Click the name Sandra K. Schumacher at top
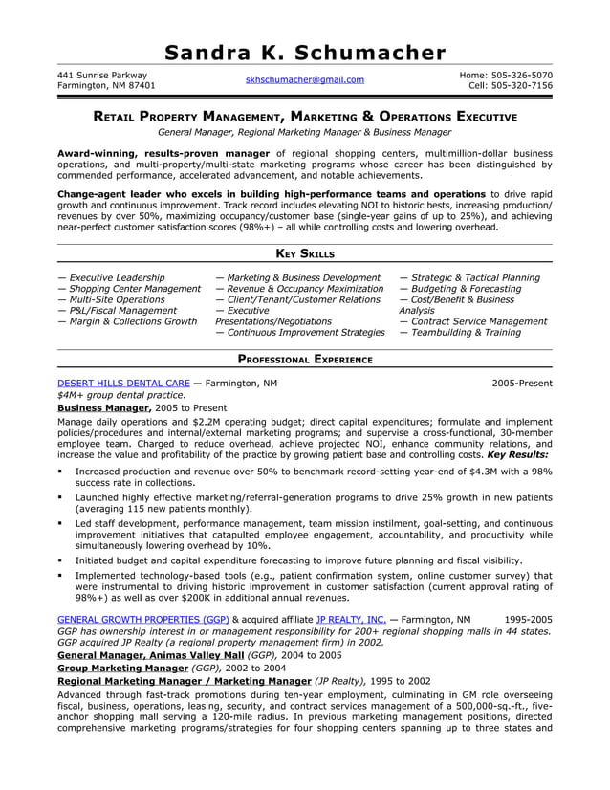pos(304,53)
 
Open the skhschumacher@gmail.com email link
pos(304,80)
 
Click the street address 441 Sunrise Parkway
pos(102,75)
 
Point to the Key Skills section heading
pos(304,253)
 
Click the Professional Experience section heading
pos(304,360)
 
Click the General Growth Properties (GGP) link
pos(142,619)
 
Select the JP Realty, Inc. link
pos(350,619)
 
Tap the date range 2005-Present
pos(522,383)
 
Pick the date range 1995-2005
pos(528,619)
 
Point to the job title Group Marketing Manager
pos(122,669)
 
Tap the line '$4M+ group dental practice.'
pos(121,395)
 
